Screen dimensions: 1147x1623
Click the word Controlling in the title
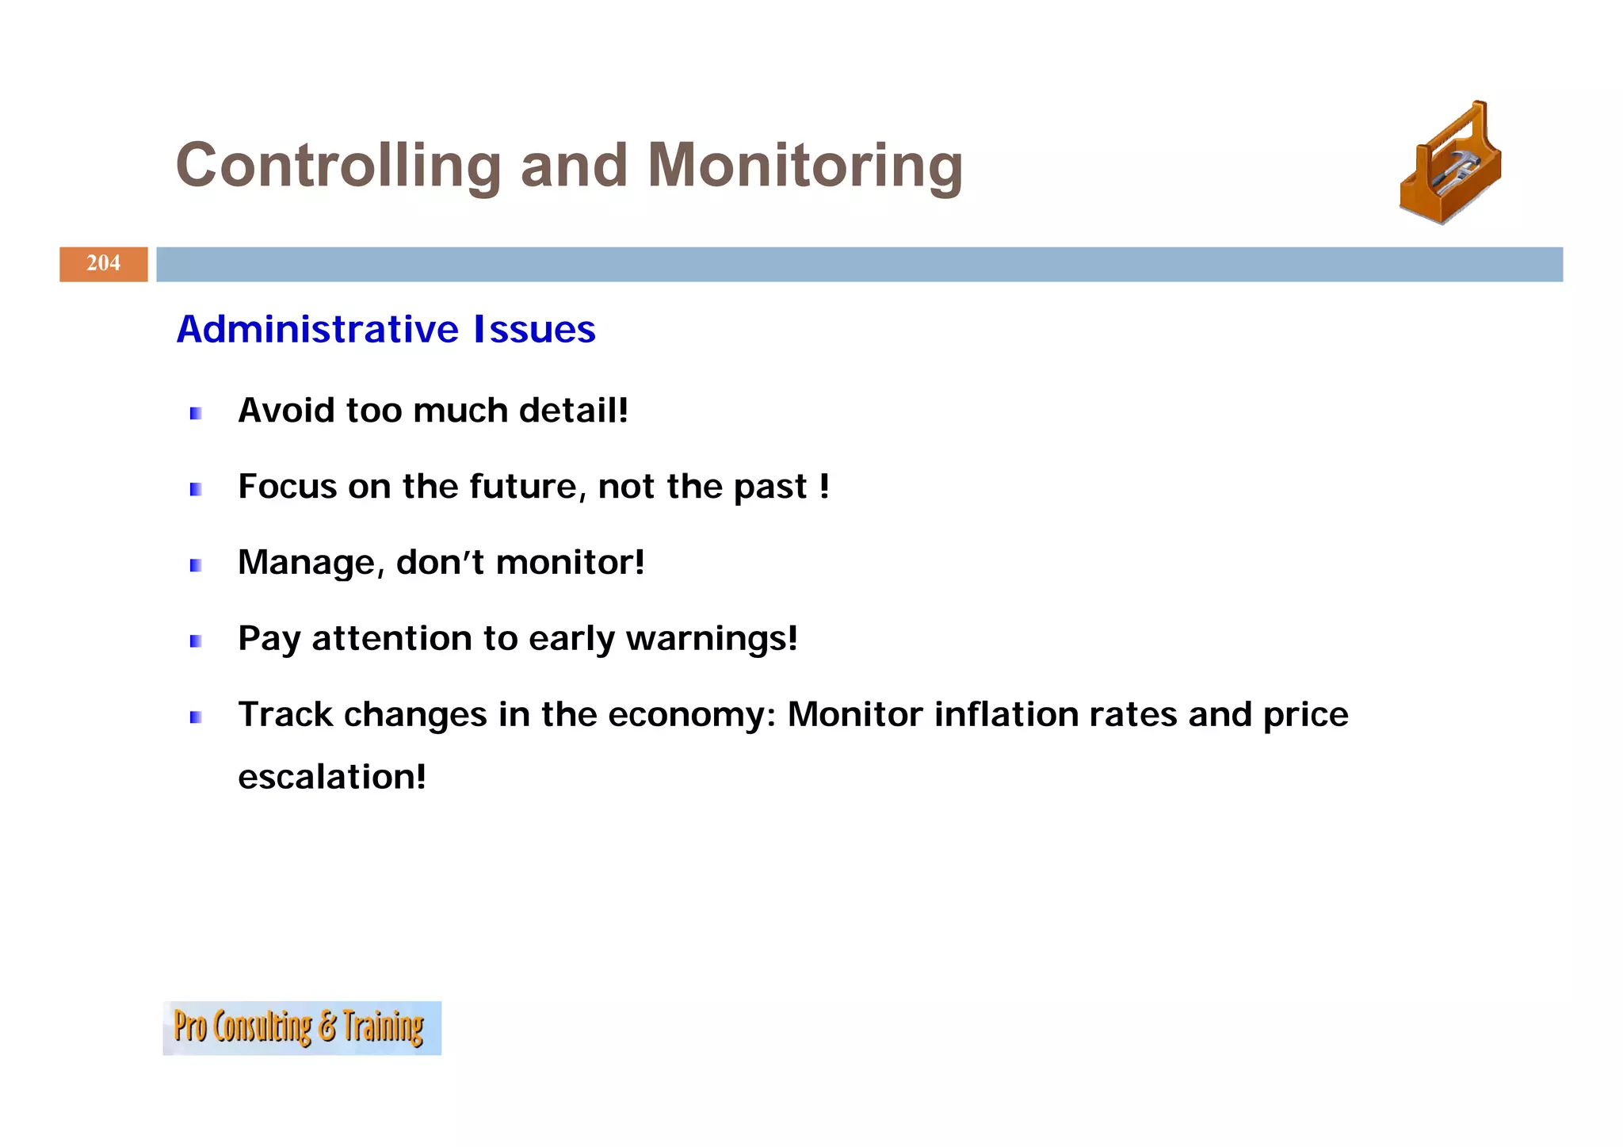pos(338,166)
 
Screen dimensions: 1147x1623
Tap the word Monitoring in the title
pos(804,166)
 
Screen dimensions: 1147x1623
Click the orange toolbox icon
pos(1450,164)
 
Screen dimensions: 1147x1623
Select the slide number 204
pos(104,263)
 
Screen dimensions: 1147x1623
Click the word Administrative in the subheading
pos(317,329)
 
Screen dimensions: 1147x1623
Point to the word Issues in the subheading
pos(534,329)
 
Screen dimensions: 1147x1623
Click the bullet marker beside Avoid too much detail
pos(196,413)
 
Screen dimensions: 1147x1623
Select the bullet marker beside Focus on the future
pos(196,489)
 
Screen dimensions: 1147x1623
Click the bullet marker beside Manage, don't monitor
pos(196,565)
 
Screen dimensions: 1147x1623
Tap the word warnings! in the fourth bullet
pos(712,639)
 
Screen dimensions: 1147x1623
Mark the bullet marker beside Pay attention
pos(196,641)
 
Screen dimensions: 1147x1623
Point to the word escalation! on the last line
pos(332,777)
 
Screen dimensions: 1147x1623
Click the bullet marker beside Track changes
pos(196,717)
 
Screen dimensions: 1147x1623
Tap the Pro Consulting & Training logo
pos(302,1027)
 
